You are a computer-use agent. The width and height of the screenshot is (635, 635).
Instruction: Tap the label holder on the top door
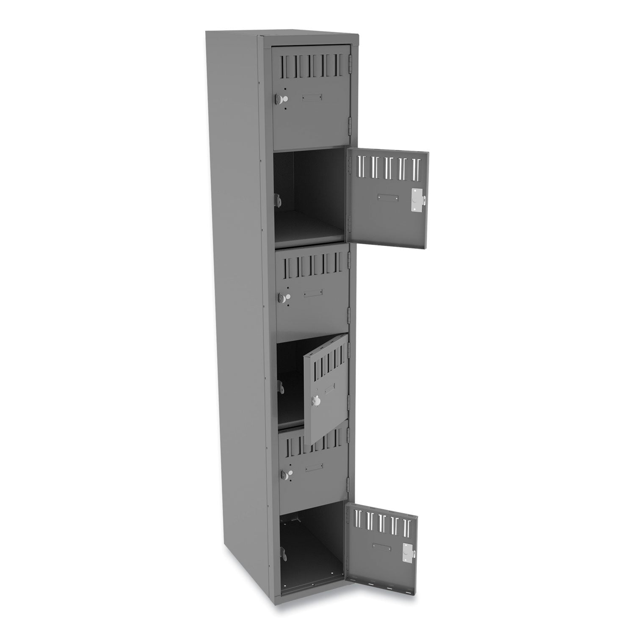(x=312, y=98)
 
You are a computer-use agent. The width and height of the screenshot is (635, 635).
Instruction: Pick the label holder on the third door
(x=312, y=292)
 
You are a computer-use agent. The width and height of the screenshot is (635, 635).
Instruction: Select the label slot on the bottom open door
(x=382, y=546)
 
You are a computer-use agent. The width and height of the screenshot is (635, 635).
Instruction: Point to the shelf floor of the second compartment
(x=309, y=233)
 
